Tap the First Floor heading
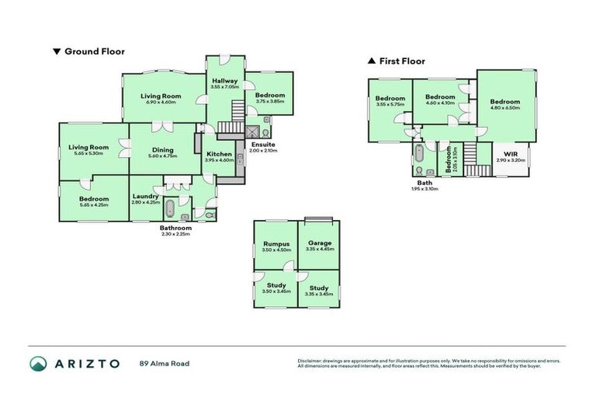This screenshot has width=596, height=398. (401, 61)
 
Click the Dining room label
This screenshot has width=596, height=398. (162, 152)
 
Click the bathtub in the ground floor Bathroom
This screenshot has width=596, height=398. (170, 208)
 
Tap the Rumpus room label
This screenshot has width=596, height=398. (276, 246)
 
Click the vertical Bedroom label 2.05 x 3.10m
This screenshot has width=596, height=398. (448, 160)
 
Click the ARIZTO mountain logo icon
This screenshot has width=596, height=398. (38, 363)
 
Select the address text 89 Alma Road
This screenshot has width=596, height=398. (164, 363)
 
